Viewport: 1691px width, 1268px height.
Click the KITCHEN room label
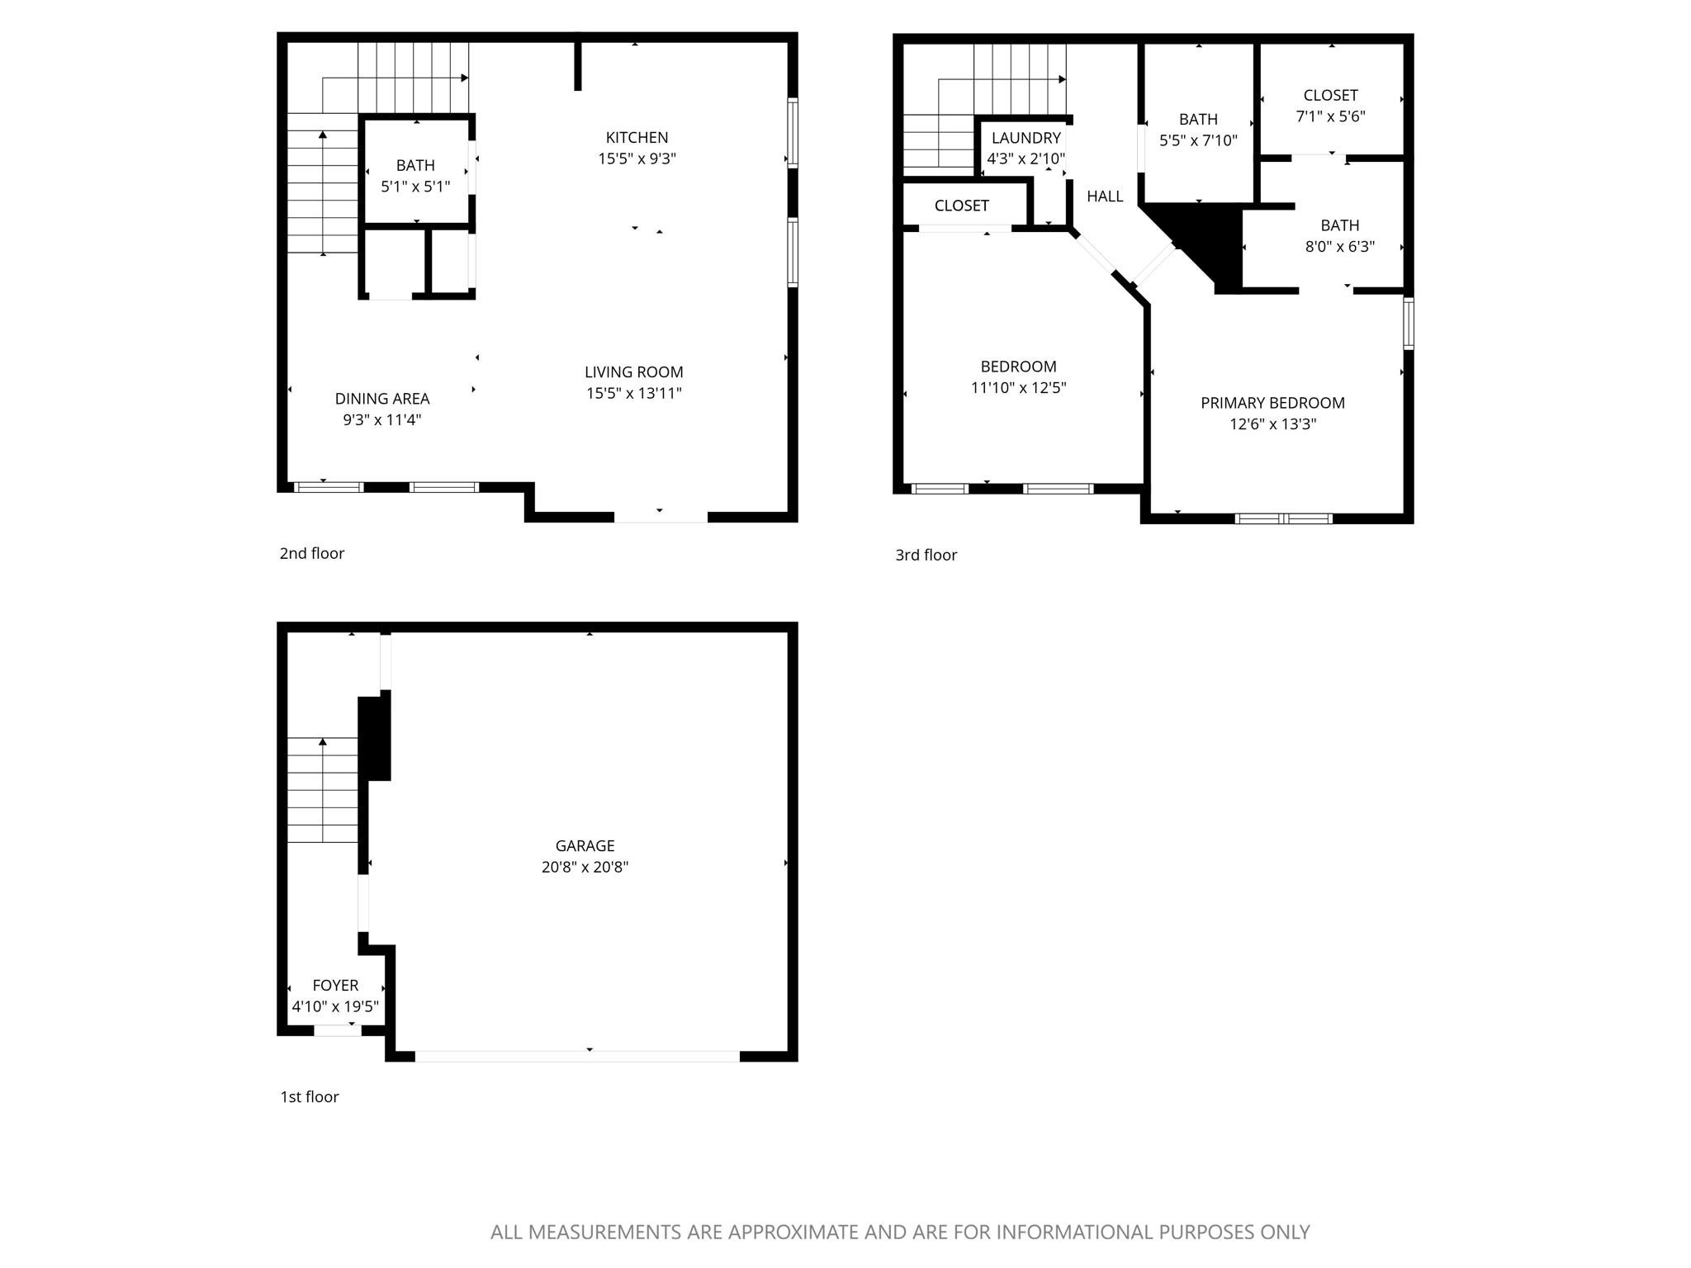(637, 137)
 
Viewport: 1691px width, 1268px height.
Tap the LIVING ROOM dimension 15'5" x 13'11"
(633, 394)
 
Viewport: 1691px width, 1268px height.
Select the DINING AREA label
(381, 399)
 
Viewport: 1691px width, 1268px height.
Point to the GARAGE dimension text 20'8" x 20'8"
(585, 867)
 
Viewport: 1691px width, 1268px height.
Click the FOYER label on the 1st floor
(335, 985)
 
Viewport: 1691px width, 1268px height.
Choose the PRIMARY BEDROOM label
(1272, 403)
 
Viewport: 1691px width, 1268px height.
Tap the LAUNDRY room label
(1025, 138)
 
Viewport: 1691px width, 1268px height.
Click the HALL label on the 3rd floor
(1105, 196)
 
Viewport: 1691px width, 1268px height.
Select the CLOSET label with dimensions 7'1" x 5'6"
(1330, 95)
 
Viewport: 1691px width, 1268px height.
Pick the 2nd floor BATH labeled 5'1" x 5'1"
(415, 165)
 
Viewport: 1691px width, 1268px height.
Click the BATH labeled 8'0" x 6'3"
(1339, 225)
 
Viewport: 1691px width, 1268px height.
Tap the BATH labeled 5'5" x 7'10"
(1198, 120)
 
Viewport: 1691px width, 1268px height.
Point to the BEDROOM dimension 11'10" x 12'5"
(1018, 388)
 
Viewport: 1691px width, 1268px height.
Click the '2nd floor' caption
(311, 553)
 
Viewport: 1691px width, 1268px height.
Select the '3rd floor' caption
(926, 555)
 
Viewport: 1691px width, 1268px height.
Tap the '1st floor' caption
(309, 1096)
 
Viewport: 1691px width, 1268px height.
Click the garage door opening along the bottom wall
(576, 1056)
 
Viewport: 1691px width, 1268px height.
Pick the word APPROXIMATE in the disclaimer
(792, 1233)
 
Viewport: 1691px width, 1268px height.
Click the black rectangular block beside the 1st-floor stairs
(374, 737)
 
